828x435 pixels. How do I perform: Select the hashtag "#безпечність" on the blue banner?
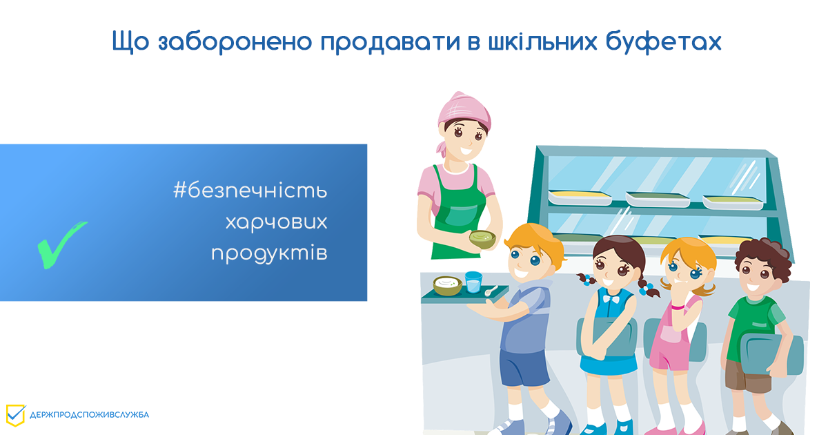pos(250,191)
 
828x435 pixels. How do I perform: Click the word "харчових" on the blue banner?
pos(276,222)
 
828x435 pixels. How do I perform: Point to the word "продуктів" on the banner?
pos(269,253)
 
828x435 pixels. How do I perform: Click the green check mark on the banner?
pos(60,244)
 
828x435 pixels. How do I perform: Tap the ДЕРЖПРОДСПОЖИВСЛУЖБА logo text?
pos(89,415)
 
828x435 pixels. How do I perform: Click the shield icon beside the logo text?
pos(15,414)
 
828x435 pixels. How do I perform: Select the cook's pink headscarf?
pos(458,107)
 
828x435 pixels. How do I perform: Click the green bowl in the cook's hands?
pos(483,240)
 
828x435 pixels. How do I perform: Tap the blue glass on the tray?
pos(473,282)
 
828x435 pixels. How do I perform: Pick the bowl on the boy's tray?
pos(448,284)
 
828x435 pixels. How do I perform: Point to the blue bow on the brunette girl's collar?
pos(611,298)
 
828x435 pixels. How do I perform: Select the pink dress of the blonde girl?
pos(673,338)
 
